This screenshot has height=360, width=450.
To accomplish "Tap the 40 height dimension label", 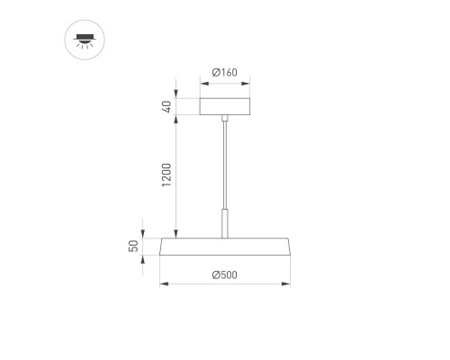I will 166,107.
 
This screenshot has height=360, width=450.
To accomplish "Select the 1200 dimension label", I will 166,178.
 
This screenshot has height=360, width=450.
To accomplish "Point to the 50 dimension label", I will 133,247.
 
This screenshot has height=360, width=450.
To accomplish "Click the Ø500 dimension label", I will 224,275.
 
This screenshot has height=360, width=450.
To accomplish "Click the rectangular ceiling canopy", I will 224,107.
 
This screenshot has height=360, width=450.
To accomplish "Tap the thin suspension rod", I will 224,162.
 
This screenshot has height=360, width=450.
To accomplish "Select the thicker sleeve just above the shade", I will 224,223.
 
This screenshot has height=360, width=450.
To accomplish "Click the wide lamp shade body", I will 224,247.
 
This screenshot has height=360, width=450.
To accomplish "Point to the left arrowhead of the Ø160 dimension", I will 202,83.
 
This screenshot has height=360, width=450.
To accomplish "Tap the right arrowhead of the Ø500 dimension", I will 289,284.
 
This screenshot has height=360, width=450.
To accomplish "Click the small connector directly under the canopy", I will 224,119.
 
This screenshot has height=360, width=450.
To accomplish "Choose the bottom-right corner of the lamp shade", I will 291,256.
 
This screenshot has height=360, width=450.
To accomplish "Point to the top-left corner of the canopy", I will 201,97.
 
